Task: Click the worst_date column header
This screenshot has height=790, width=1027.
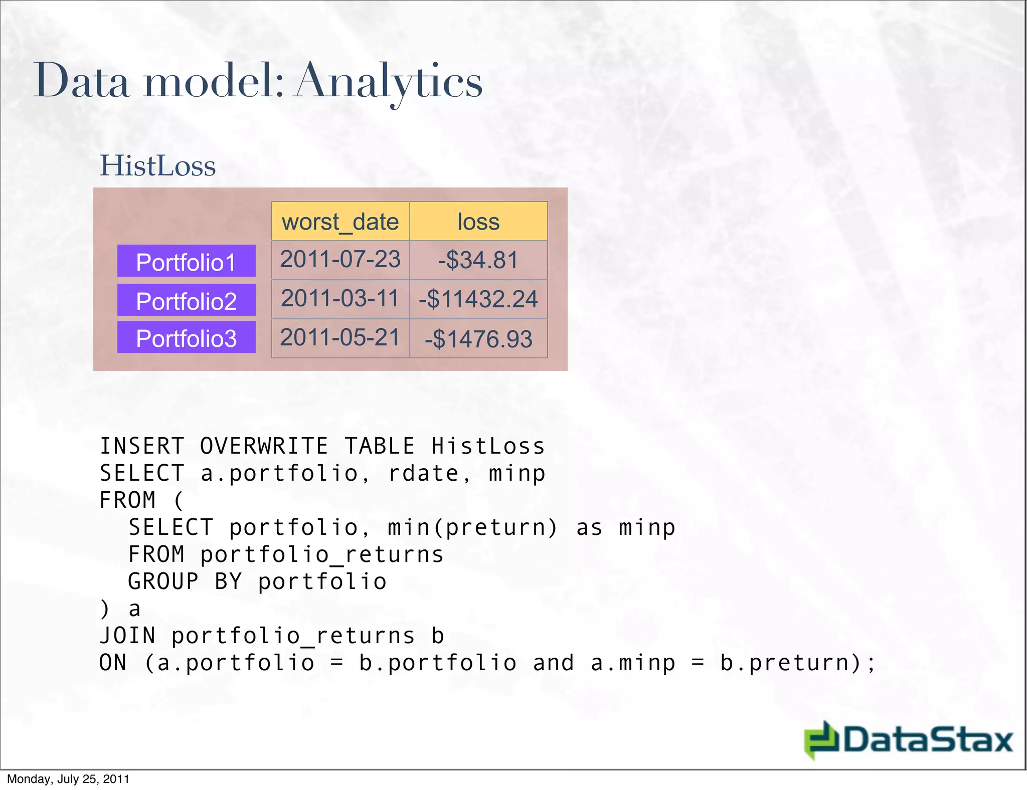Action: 340,222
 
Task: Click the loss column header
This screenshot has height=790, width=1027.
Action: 478,222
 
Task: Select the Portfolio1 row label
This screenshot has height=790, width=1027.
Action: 186,261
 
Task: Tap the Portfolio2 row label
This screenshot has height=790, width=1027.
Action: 186,300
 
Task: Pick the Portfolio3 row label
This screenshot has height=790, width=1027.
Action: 186,337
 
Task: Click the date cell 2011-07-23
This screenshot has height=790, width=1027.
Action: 340,260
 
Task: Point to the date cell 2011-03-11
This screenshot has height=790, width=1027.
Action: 340,299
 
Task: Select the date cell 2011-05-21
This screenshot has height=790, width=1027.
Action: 340,338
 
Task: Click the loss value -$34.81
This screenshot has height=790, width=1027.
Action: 478,260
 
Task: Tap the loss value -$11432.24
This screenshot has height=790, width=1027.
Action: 478,299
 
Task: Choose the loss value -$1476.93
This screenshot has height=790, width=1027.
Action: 478,339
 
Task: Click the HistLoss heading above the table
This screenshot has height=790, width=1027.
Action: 158,166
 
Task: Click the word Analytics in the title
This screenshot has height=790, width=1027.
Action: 389,81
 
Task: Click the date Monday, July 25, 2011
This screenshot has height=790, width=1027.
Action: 68,779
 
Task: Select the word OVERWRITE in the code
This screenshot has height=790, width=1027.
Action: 264,446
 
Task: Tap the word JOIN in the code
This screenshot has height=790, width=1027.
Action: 127,636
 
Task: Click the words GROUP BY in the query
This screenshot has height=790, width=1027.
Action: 185,581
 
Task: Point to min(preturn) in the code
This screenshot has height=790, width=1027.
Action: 472,527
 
